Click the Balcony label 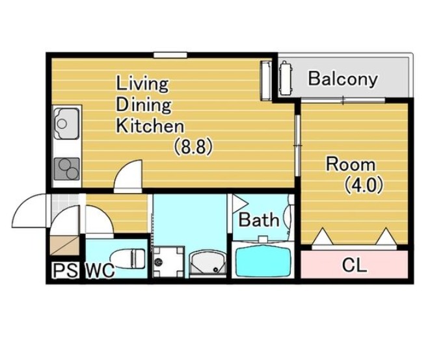(343, 79)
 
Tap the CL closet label (355, 265)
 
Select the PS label (65, 270)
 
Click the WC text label (100, 270)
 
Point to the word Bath (259, 220)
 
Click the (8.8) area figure (194, 146)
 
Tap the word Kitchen (150, 126)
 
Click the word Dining (144, 105)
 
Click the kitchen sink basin (67, 123)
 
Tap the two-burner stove (67, 169)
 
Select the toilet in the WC (128, 258)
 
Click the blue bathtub (263, 259)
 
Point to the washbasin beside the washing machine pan (208, 263)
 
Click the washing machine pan (168, 262)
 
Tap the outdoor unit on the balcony (286, 78)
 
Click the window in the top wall (170, 55)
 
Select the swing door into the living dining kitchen (128, 177)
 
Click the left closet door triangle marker (323, 236)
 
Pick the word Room (351, 164)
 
